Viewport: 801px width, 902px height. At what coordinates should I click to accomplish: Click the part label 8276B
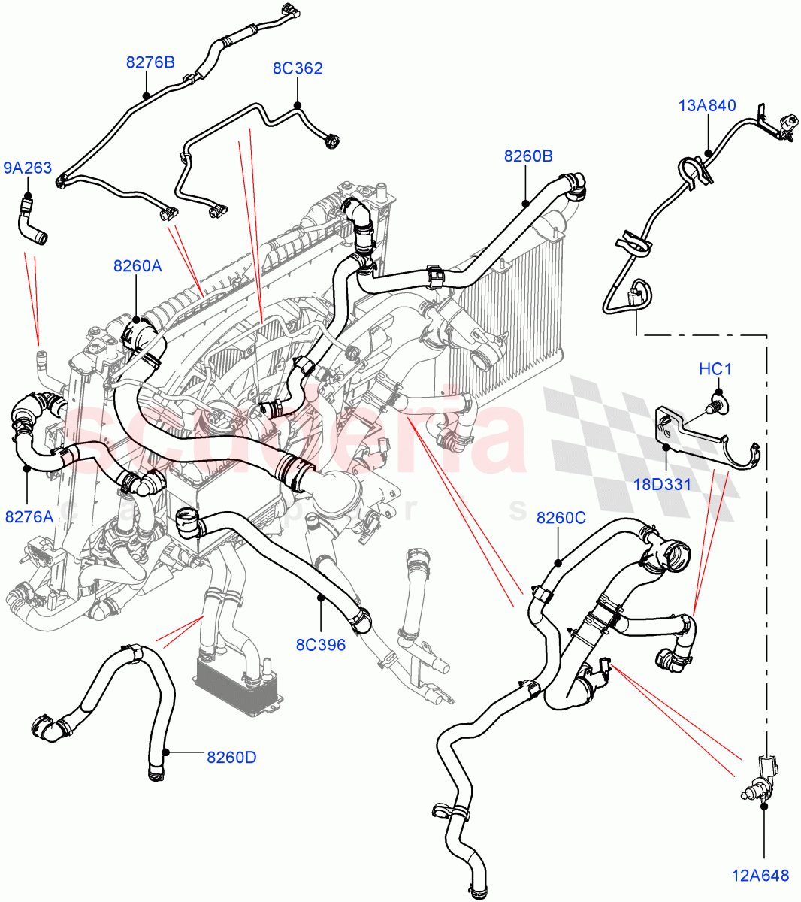point(150,62)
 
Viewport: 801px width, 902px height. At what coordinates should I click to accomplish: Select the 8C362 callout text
point(298,68)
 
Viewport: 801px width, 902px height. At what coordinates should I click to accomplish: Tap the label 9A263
point(28,168)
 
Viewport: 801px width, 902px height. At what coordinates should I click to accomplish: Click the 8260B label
point(528,156)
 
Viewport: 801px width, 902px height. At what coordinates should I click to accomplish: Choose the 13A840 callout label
point(707,106)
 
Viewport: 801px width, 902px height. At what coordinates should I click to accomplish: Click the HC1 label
point(715,369)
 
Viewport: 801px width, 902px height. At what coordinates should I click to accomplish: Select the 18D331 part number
point(661,484)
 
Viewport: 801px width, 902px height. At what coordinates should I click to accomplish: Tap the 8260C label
point(561,518)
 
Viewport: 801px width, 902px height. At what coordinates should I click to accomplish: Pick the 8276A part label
point(29,516)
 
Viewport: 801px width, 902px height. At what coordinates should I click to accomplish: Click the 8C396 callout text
point(321,644)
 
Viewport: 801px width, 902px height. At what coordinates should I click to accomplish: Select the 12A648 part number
point(760,875)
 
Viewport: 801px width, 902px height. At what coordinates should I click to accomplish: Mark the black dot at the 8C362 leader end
point(298,104)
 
